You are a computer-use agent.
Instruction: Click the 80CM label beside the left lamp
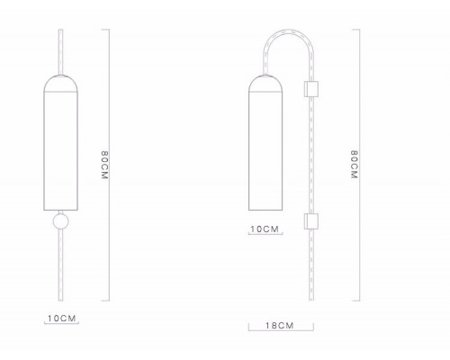104,166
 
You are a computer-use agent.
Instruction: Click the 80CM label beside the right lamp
355,165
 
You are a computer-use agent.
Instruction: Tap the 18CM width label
279,326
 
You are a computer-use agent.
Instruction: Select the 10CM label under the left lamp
62,319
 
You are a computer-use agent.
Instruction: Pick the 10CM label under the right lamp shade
265,229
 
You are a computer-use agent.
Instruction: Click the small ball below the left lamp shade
60,221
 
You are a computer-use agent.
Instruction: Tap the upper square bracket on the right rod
311,89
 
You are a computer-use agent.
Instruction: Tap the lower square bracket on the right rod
311,221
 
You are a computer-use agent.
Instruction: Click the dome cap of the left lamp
61,83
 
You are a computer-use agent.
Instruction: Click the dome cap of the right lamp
265,83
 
